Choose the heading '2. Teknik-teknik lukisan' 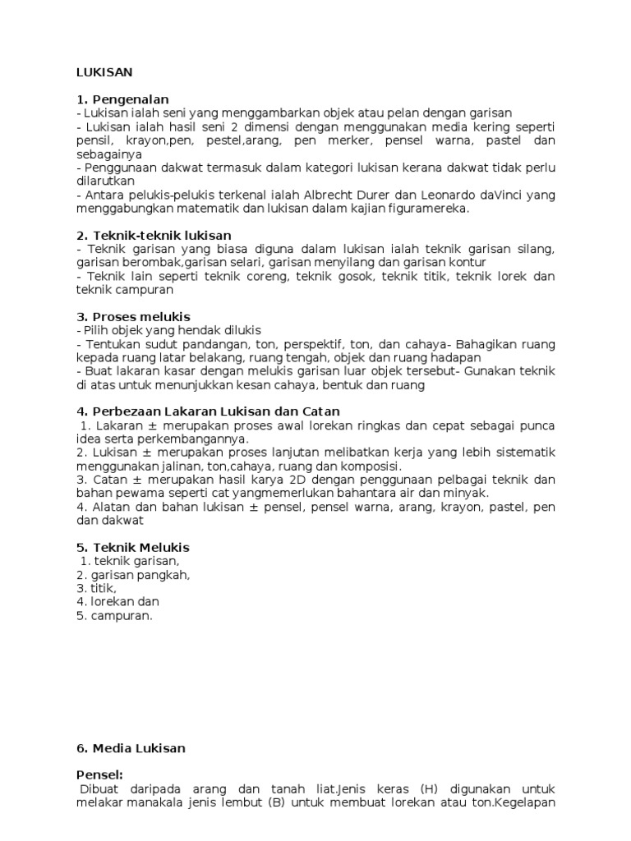(x=154, y=236)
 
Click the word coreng (x=267, y=276)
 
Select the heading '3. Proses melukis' (x=133, y=316)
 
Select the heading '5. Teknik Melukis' (x=133, y=547)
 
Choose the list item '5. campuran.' (x=115, y=615)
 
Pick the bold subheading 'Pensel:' (x=99, y=774)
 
